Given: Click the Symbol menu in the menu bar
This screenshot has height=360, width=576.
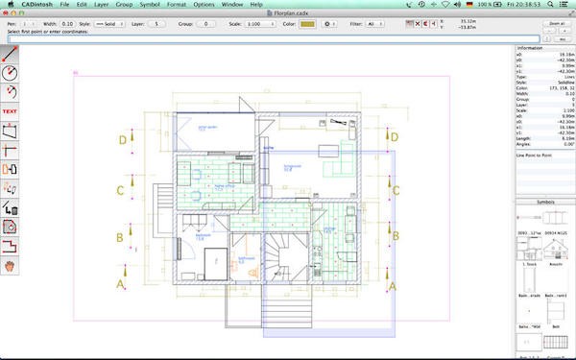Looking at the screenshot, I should tap(150, 5).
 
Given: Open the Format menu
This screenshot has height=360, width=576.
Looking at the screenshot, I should tap(177, 5).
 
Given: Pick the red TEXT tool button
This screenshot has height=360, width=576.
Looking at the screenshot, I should tap(11, 111).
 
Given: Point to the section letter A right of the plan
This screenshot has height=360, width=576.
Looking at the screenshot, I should tap(392, 286).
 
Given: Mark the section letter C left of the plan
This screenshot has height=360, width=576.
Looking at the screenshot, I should tap(121, 190).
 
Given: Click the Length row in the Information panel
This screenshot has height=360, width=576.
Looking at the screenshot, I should tap(542, 137).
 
